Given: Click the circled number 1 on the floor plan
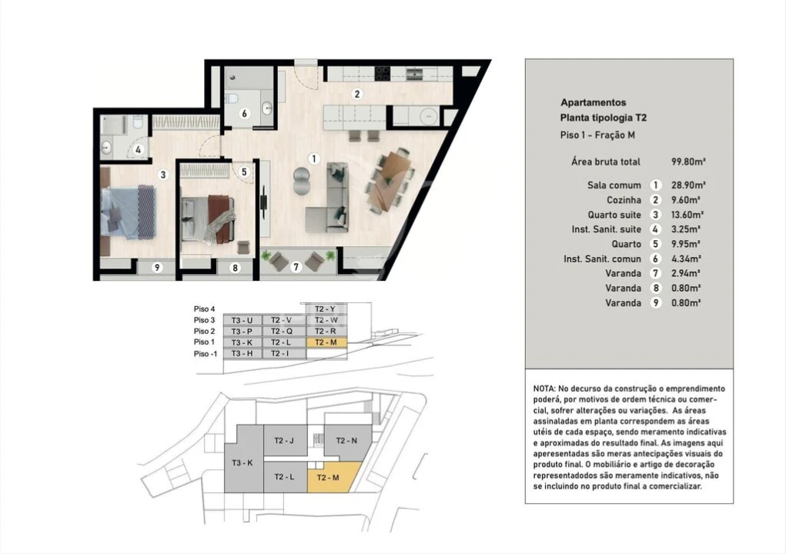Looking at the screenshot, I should [x=313, y=159].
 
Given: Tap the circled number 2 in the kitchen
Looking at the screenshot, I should [x=356, y=95].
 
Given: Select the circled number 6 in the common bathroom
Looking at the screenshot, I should [x=244, y=113].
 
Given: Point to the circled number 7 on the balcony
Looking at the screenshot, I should [x=295, y=267].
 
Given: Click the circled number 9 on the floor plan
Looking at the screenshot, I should [x=157, y=267].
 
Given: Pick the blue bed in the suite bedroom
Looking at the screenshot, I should [x=128, y=212].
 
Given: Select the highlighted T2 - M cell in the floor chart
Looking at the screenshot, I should [x=326, y=342].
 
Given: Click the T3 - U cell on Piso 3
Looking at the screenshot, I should [x=242, y=319].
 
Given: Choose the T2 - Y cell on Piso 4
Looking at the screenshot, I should [x=326, y=309].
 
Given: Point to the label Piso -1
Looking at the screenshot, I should [x=205, y=353].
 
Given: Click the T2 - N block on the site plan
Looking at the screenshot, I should [x=347, y=441].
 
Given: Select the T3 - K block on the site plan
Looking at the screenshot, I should [x=242, y=462].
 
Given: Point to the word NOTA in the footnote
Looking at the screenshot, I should [x=546, y=389].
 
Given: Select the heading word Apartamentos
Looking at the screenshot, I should [x=593, y=102].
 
